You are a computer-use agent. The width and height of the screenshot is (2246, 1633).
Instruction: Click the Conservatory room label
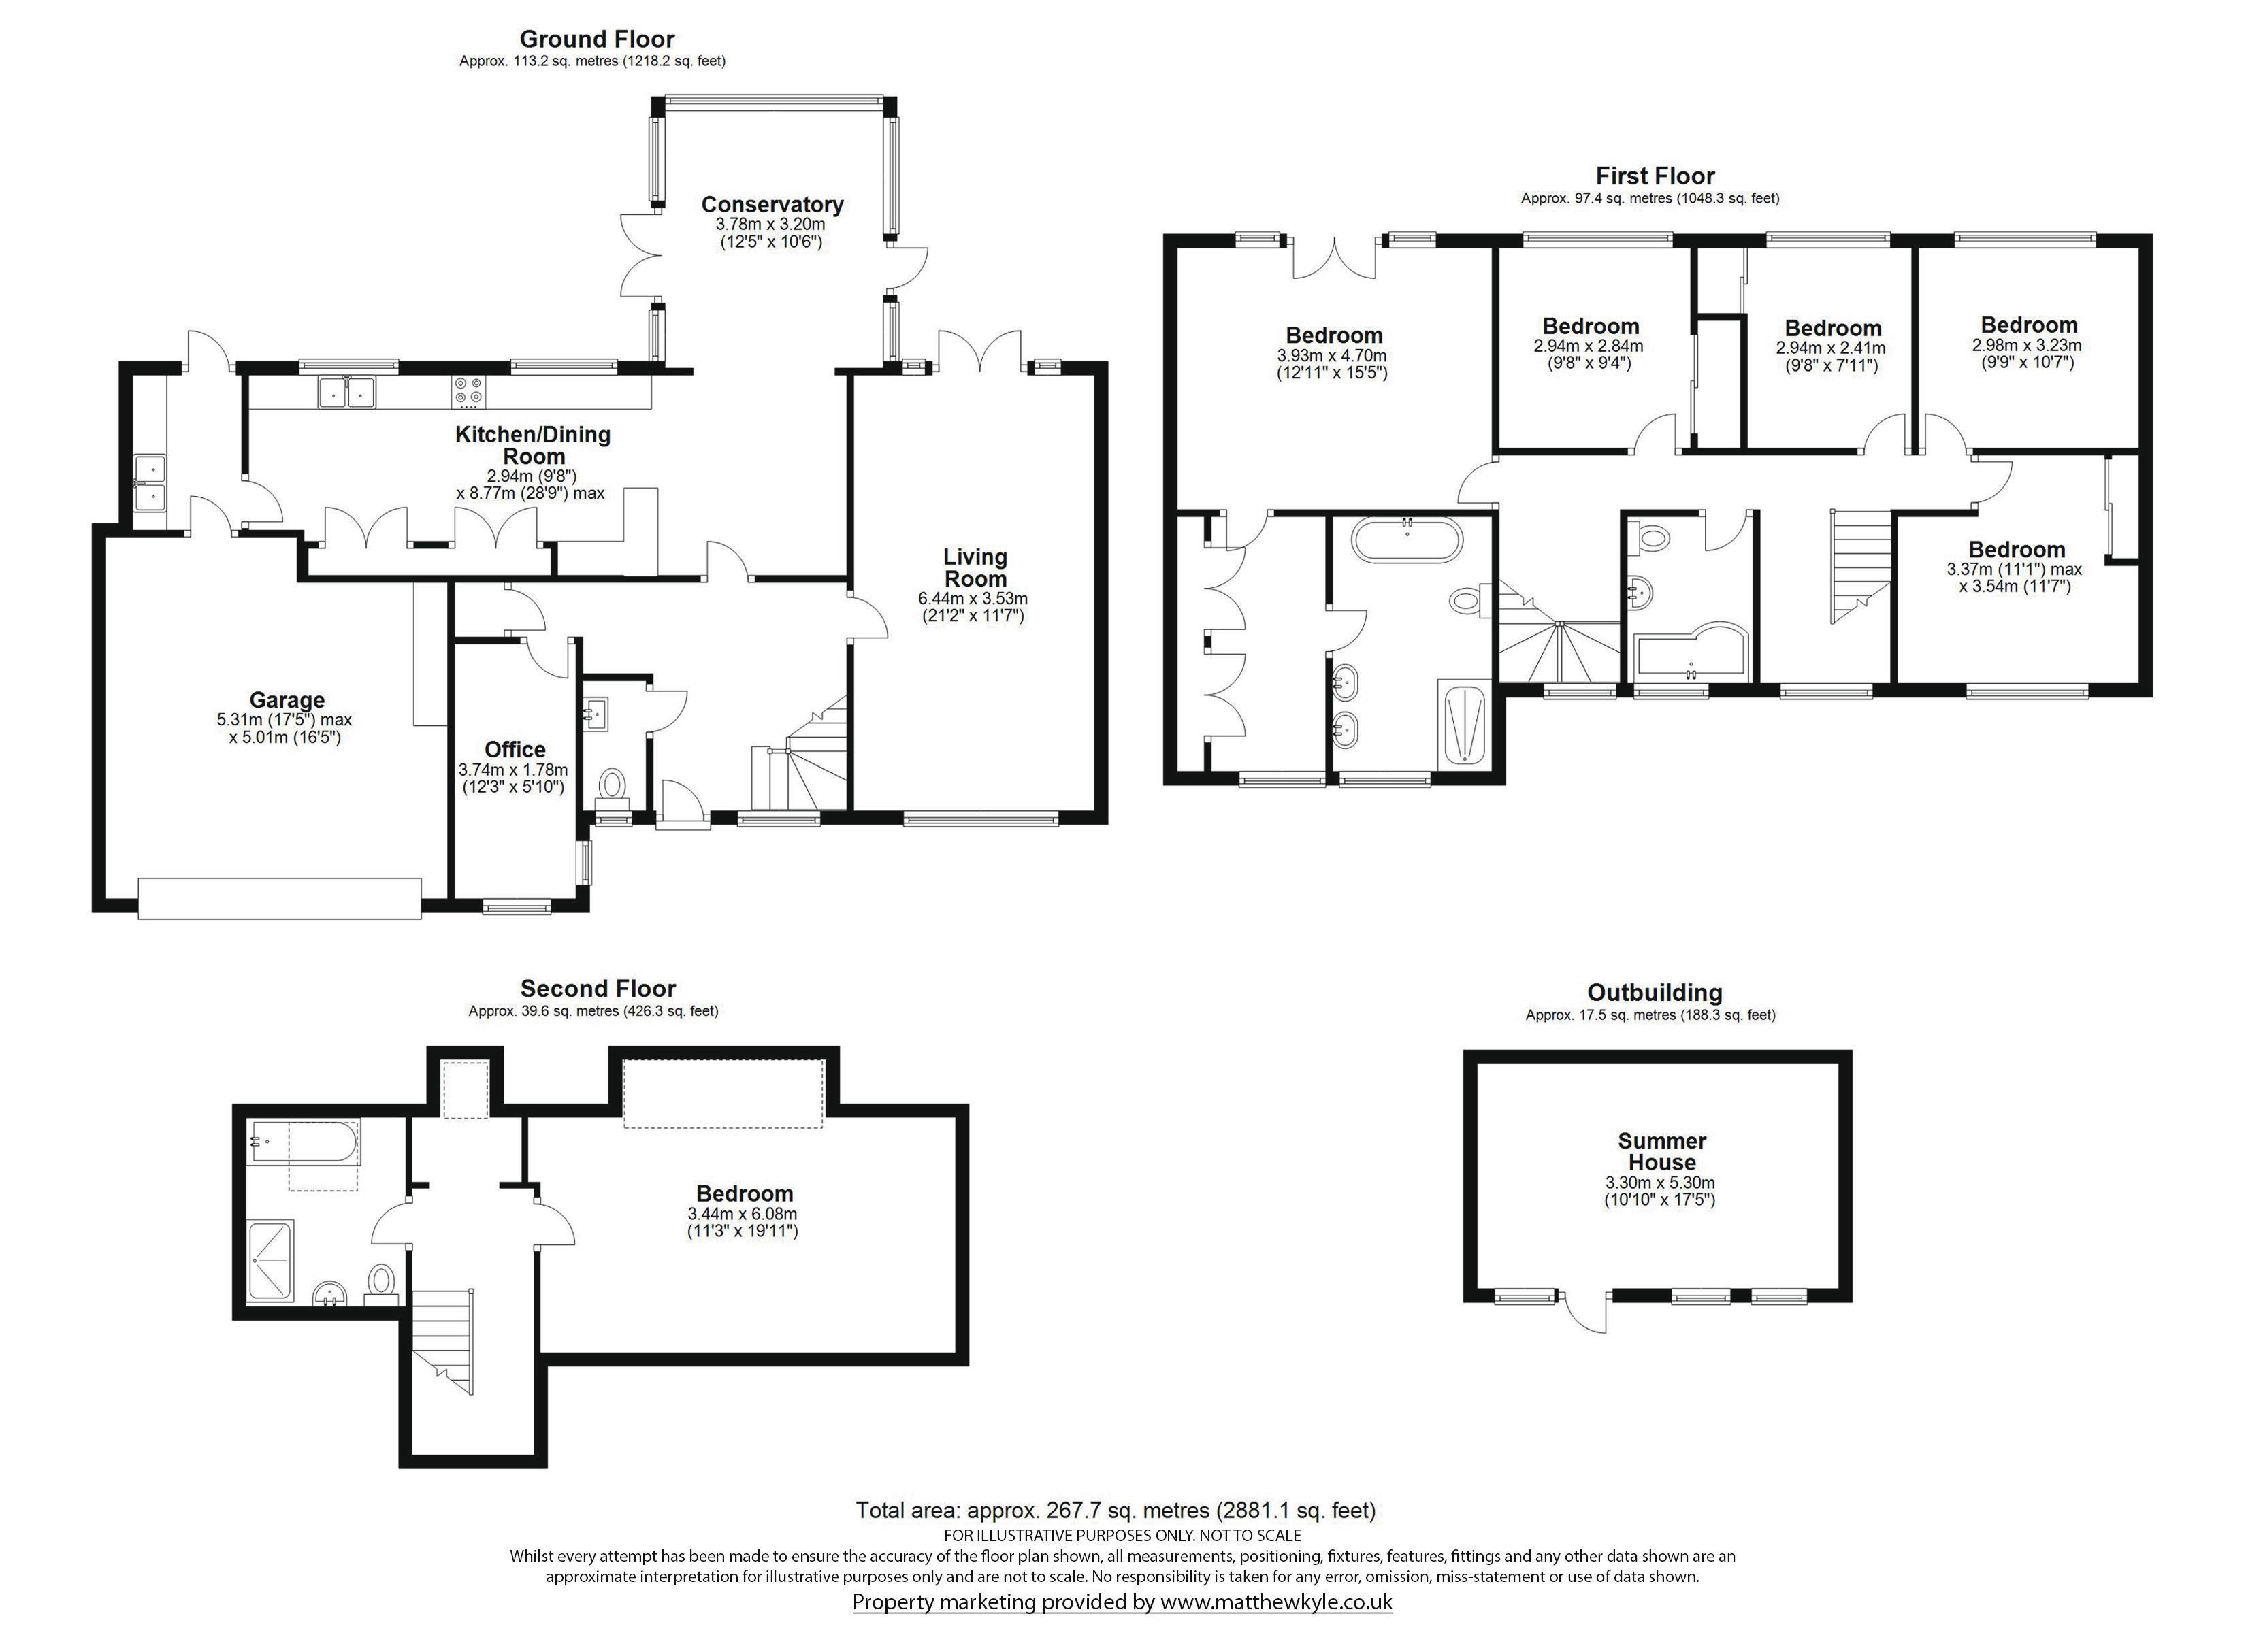coord(772,205)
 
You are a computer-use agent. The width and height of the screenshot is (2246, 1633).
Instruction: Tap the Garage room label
coord(287,700)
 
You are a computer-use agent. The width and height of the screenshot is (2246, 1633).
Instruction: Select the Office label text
coord(515,750)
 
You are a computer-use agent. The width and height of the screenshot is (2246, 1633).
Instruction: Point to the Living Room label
coord(975,567)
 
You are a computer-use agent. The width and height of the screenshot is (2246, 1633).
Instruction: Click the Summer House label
coord(1662,1152)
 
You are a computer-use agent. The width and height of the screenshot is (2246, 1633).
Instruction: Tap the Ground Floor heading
coord(597,39)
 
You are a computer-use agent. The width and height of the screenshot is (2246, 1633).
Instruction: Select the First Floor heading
coord(1655,176)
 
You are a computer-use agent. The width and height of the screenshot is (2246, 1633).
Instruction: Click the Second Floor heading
coord(598,989)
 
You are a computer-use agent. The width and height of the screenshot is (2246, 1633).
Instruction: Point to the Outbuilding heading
coord(1655,992)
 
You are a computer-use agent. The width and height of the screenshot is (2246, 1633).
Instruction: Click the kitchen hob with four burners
coord(468,392)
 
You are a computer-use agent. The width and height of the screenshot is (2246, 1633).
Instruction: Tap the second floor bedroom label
coord(745,1194)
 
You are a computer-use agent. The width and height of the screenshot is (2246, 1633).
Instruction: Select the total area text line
coord(1116,1511)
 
